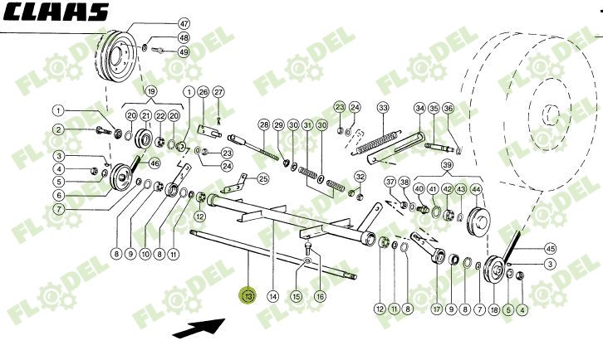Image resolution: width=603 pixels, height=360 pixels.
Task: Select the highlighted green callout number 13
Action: pos(248,296)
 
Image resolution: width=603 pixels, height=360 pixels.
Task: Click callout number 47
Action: pos(184,23)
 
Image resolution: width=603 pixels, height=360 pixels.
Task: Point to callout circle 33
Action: pos(383,108)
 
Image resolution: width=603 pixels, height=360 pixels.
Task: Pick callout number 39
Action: pos(448,167)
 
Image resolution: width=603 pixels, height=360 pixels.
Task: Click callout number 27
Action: pos(218,91)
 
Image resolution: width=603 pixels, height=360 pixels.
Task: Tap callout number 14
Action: pos(273,296)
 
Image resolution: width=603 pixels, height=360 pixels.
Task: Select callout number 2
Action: pos(59,129)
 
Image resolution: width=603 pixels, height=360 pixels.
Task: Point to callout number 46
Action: pos(154,163)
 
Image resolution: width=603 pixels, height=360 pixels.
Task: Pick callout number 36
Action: pos(448,108)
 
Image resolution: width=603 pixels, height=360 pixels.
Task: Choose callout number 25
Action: pos(263,178)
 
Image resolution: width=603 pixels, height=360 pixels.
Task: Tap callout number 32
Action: pos(360,176)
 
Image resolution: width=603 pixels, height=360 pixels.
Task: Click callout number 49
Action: pos(184,51)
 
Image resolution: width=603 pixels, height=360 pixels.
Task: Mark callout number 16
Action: pos(320,296)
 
